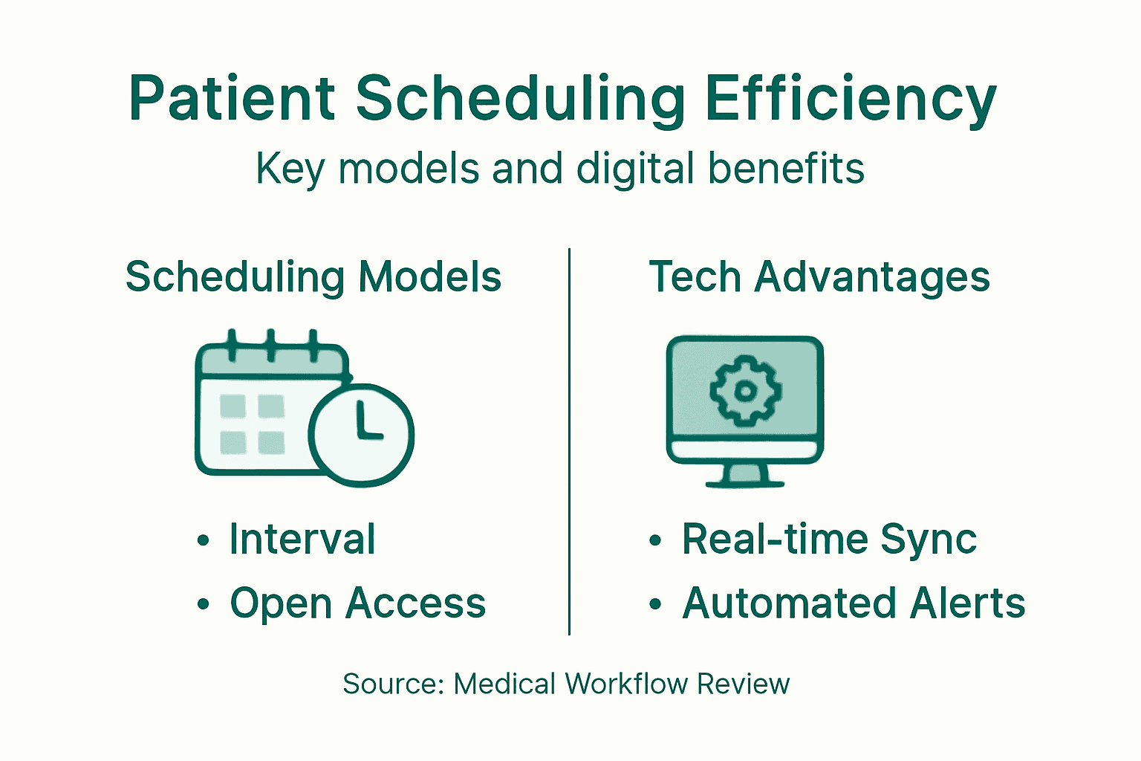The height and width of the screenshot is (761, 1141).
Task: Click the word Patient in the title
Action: (x=232, y=99)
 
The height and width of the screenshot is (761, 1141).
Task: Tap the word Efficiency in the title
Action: (x=850, y=99)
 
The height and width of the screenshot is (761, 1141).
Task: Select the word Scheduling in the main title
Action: (x=520, y=99)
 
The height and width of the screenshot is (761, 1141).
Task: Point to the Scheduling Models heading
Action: (x=313, y=277)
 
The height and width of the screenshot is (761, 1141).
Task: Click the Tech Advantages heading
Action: (x=819, y=277)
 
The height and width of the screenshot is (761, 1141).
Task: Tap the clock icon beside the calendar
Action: (x=361, y=435)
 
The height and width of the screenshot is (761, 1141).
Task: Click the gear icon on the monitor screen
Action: (x=745, y=390)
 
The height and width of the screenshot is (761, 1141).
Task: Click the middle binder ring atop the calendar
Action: (x=271, y=344)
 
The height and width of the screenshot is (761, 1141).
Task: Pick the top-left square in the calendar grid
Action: (x=233, y=406)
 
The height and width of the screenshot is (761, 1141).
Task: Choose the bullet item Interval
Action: (x=302, y=540)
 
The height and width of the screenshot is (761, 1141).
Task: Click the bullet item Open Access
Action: (x=357, y=603)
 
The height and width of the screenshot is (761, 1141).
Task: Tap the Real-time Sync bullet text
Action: (x=829, y=540)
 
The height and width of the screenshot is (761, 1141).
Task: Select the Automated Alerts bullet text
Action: (x=854, y=603)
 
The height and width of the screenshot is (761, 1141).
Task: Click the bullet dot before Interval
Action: (x=204, y=541)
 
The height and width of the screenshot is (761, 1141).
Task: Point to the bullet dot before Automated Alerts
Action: (x=654, y=604)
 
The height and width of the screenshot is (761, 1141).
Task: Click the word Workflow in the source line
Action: (x=626, y=684)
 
